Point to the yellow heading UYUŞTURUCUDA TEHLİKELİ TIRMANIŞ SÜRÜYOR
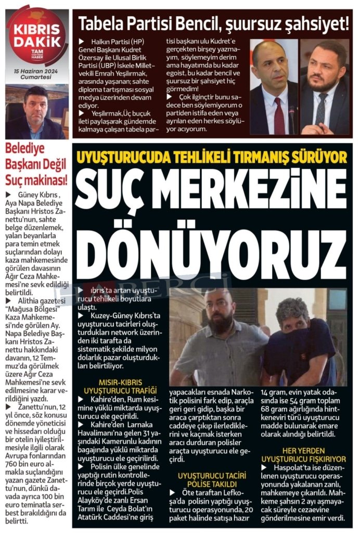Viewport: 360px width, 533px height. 211,157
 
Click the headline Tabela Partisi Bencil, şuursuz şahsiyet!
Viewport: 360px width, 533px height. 213,23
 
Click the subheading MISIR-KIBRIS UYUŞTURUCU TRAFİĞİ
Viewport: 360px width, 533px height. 123,386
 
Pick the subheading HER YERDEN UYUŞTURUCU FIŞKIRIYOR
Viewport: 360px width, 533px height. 303,454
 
